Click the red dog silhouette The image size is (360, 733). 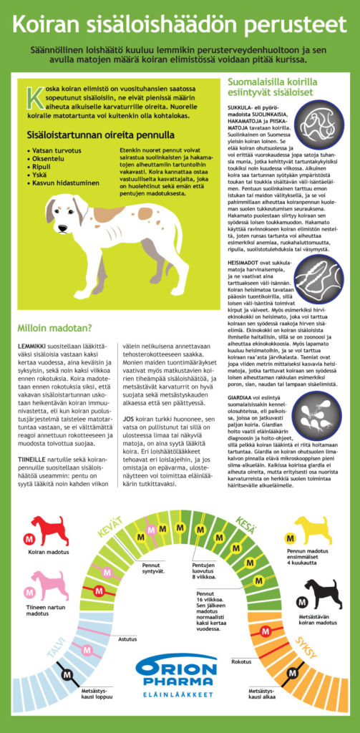point(50,531)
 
